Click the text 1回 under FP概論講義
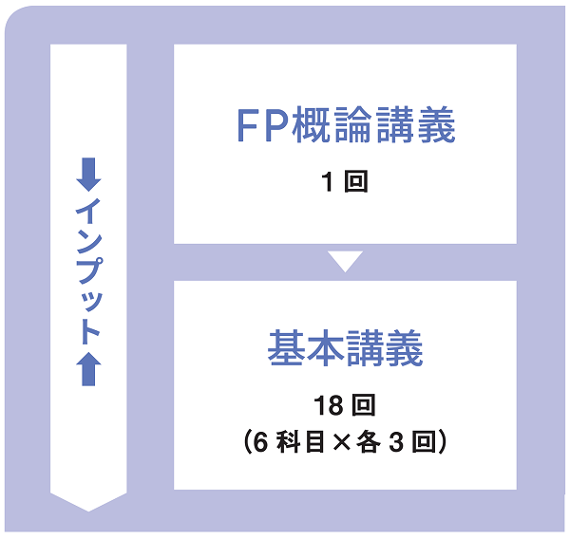344,182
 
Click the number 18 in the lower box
329,406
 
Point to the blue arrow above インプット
88,174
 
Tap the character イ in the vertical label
88,209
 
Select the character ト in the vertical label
88,331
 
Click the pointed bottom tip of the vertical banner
88,508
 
